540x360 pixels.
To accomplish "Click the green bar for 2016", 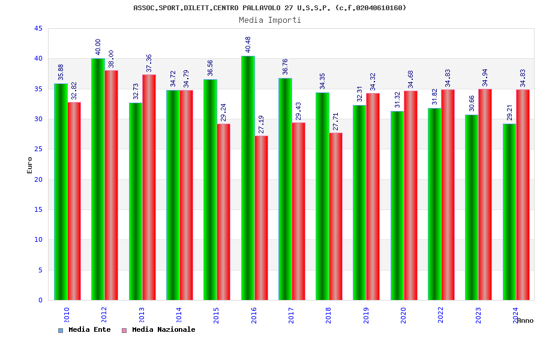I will point(248,178).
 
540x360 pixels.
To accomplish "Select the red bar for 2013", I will point(149,187).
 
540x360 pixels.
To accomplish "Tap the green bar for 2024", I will point(509,212).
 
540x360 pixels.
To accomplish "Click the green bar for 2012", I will point(98,179).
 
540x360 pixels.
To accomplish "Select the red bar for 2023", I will point(485,194).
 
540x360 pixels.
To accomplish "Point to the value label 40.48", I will point(248,44).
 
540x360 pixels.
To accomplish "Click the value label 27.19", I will point(261,124).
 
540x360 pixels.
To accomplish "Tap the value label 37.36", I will point(149,63).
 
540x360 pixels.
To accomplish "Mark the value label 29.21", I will point(509,112).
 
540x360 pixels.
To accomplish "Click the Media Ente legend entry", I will point(85,329).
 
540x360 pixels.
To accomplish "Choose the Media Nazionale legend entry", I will point(159,329).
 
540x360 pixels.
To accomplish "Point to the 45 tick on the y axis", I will point(38,28).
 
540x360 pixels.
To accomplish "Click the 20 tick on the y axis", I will point(38,179).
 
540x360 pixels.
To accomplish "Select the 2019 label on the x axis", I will point(366,315).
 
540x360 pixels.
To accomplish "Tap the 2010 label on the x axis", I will point(67,315).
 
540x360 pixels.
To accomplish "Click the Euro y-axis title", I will point(30,165).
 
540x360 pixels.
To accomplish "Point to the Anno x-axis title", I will point(525,320).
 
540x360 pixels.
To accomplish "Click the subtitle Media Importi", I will point(270,20).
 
